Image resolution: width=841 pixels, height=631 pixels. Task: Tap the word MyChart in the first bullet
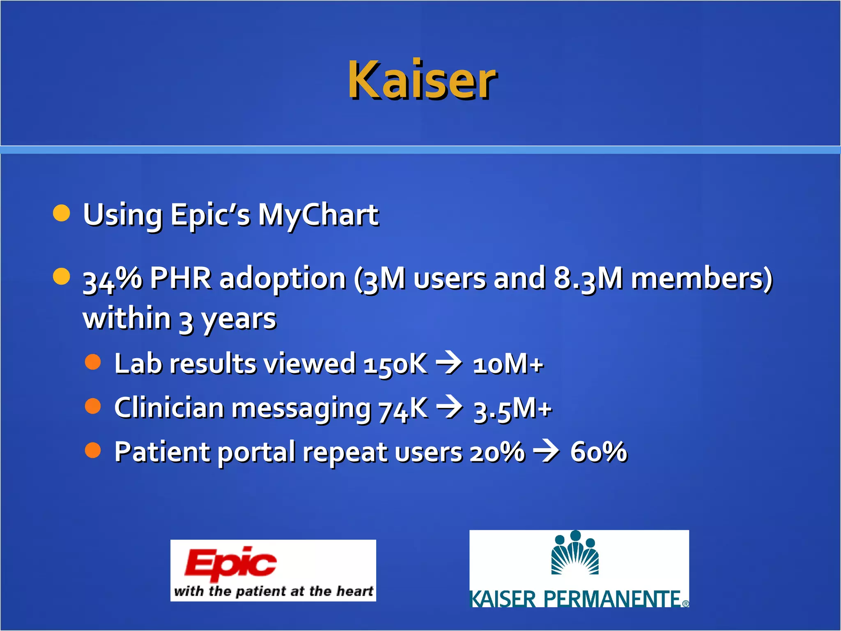pos(318,215)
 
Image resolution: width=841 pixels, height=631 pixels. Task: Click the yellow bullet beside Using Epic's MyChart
pos(62,213)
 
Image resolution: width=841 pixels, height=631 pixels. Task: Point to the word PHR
pos(181,279)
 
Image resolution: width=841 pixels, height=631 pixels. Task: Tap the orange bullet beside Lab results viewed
pos(93,362)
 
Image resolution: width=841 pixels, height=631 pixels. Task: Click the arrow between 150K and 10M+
pos(448,363)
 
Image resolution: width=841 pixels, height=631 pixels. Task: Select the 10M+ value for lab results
pos(508,364)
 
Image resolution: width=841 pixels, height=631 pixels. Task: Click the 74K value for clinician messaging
pos(403,409)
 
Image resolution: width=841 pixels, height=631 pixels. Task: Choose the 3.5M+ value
pos(512,410)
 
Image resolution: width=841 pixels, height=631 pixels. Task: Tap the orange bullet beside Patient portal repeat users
pos(93,450)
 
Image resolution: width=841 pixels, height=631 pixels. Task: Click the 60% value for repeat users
pos(599,452)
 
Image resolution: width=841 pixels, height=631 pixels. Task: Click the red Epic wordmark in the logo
pos(230,562)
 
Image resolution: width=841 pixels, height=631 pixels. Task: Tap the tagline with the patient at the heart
pos(273,591)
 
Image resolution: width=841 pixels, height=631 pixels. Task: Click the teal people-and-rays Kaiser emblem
pos(575,553)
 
